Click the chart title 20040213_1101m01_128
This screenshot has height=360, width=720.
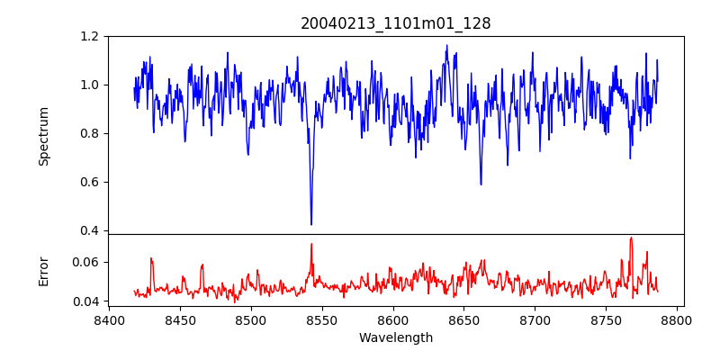(396, 23)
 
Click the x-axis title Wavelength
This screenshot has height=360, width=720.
(396, 338)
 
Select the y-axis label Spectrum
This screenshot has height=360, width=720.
(44, 136)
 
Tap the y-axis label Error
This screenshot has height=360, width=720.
(44, 270)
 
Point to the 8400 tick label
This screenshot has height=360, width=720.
(109, 319)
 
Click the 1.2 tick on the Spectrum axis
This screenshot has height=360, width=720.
(90, 36)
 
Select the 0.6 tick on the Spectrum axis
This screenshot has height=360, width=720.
(90, 182)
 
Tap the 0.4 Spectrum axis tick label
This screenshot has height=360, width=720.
(90, 230)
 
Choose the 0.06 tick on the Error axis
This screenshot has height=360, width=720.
(86, 262)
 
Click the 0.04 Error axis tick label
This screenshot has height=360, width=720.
(86, 301)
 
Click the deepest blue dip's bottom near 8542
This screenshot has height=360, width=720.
(311, 224)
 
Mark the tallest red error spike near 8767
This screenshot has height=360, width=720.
(631, 238)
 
